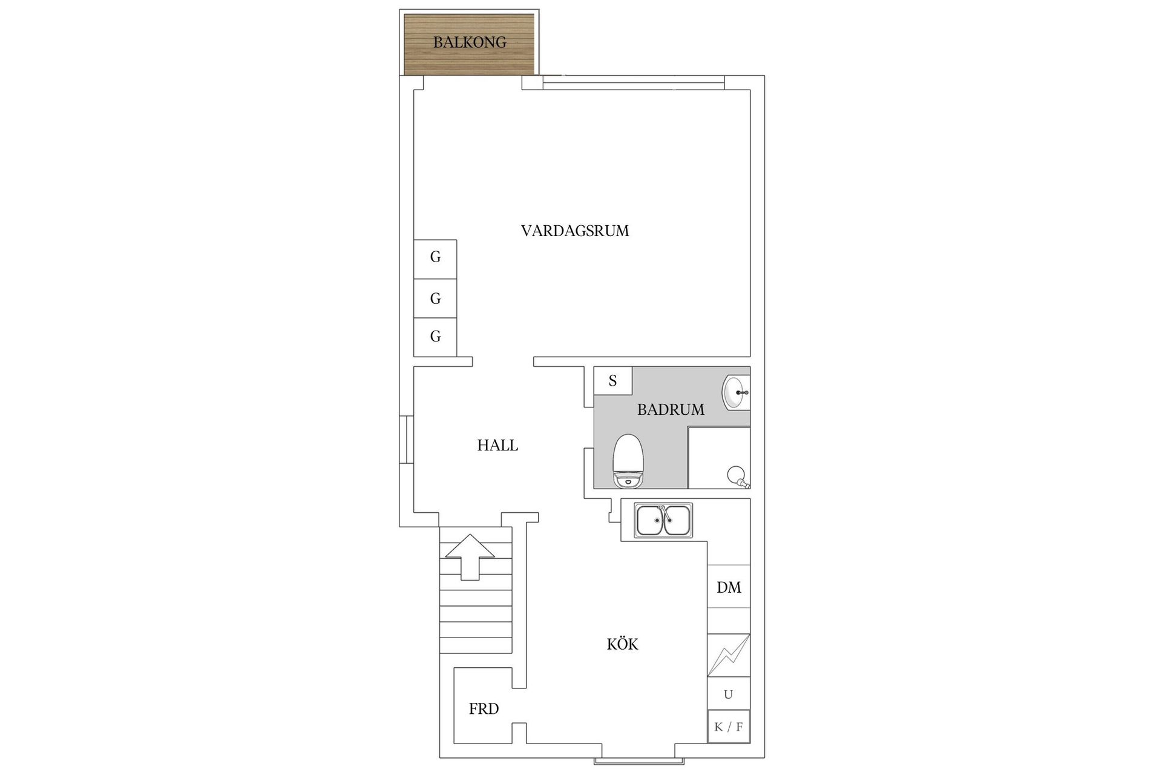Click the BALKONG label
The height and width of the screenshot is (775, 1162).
coord(470,42)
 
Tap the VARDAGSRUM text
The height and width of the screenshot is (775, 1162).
coord(575,231)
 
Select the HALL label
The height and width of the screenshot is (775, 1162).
coord(497,446)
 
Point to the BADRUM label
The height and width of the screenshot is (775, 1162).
coord(671,410)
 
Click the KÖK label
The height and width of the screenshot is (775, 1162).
coord(623,644)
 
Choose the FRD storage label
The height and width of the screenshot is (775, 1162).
coord(484,709)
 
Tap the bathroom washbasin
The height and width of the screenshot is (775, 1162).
coord(736,392)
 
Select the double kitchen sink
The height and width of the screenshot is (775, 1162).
coord(664,521)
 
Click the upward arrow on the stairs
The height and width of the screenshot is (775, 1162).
coord(470,557)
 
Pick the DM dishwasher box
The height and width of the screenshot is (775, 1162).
coord(729,587)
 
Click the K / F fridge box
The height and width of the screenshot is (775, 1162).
coord(729,727)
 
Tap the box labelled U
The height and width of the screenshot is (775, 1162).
coord(729,694)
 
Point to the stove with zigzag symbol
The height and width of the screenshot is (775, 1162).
coord(729,655)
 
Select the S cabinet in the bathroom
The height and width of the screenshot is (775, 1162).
coord(613,381)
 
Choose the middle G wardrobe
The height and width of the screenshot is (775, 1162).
coord(435,298)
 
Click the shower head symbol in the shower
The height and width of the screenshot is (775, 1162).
coord(738,476)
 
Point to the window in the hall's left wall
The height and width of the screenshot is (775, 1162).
coord(406,440)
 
